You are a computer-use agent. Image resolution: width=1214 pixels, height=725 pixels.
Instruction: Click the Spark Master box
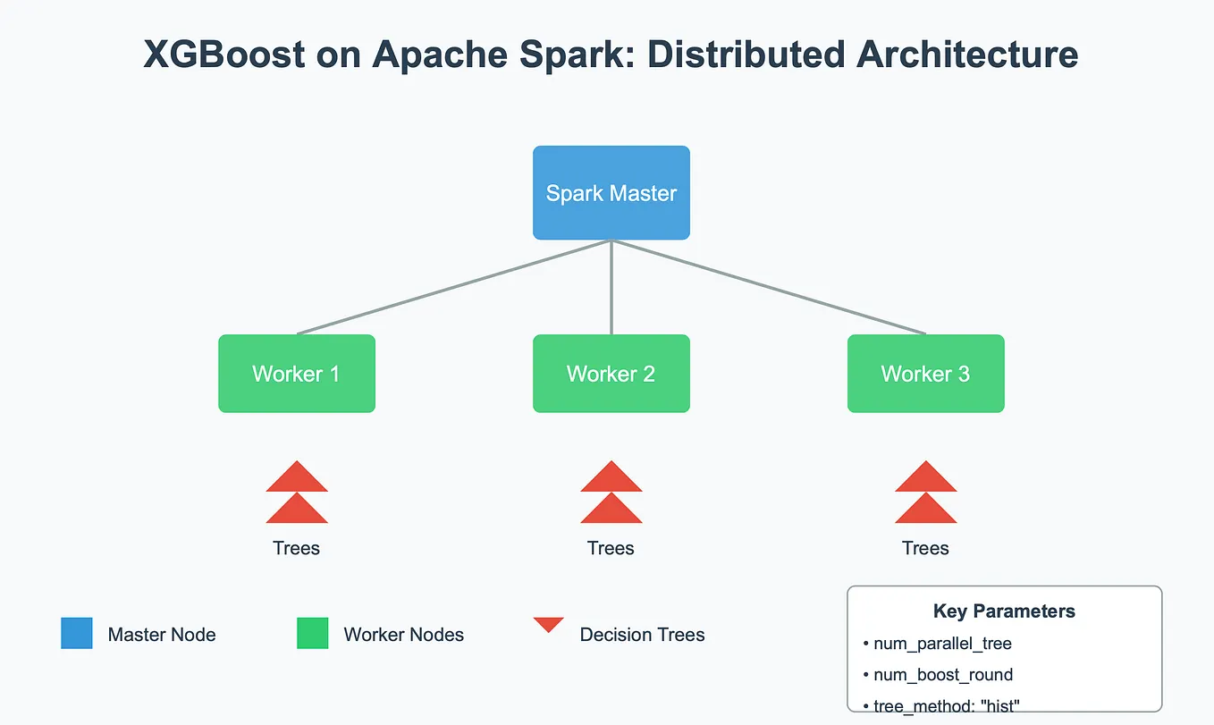[x=611, y=193]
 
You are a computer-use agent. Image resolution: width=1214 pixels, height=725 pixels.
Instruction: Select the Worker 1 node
[x=297, y=374]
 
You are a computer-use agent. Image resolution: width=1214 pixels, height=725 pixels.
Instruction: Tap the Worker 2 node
[x=611, y=374]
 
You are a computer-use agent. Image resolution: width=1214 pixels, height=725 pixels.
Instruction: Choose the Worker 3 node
[x=926, y=374]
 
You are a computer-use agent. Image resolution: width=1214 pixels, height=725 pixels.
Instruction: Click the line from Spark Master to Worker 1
[x=454, y=287]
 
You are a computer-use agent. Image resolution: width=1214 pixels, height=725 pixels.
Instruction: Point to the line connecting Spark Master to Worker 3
[x=769, y=287]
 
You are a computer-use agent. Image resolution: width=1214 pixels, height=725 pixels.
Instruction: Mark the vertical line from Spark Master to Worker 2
[x=611, y=287]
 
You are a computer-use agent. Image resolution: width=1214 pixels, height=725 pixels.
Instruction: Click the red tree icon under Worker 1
[x=297, y=493]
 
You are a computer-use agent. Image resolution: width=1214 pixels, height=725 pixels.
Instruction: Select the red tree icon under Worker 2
[x=611, y=493]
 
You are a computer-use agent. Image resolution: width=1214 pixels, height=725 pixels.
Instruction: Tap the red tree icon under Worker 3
[x=926, y=493]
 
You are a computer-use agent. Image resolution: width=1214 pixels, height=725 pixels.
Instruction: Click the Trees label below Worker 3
[x=925, y=548]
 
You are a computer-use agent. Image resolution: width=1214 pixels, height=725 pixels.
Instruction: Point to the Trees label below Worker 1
[x=296, y=548]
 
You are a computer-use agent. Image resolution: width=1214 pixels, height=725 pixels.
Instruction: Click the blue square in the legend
[x=77, y=633]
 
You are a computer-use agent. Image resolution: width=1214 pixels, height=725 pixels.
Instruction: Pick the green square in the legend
[x=313, y=633]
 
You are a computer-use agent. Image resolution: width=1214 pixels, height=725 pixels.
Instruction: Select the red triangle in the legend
[x=548, y=623]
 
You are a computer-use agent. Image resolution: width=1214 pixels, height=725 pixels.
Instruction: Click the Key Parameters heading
[x=1004, y=611]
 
